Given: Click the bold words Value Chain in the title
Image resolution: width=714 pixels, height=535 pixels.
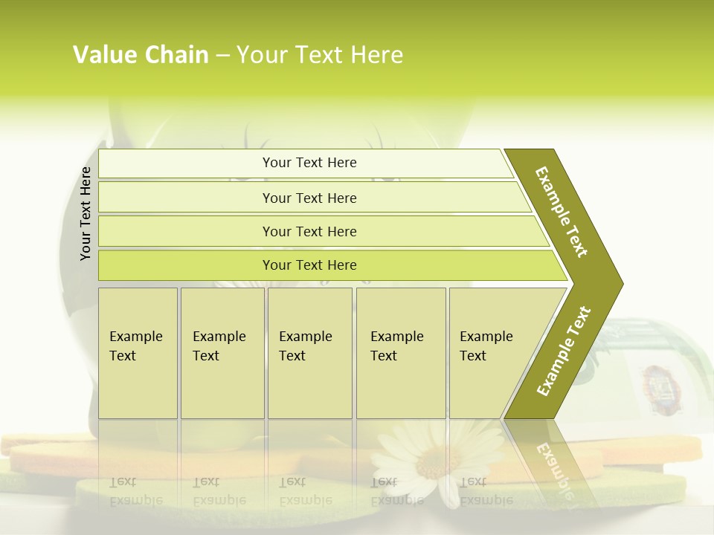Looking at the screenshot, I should (141, 54).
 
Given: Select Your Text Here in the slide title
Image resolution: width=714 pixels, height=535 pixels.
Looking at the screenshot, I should (320, 54).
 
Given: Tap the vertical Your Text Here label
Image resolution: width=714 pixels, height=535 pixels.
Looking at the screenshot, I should (86, 213).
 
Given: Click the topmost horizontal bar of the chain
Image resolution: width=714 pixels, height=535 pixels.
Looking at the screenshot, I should (309, 163).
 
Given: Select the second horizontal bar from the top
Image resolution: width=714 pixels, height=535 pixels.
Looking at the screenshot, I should (309, 198).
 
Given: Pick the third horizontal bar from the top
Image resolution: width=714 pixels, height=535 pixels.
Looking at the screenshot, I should (309, 231).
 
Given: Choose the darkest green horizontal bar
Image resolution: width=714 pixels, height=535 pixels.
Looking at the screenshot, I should (309, 265).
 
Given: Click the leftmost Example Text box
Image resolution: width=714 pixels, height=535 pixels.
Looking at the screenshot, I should (138, 353).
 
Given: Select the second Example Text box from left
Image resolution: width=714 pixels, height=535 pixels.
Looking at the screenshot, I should (222, 353).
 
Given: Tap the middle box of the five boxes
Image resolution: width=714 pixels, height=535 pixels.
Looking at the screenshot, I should (309, 353).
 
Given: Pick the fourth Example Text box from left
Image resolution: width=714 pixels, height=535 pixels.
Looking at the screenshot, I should (401, 353).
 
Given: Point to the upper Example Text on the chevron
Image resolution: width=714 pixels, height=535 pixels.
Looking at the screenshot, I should (562, 212).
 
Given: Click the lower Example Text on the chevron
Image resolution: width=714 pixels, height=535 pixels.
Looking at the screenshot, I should (564, 351).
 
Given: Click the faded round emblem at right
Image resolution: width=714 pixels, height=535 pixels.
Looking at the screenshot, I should (656, 382).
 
